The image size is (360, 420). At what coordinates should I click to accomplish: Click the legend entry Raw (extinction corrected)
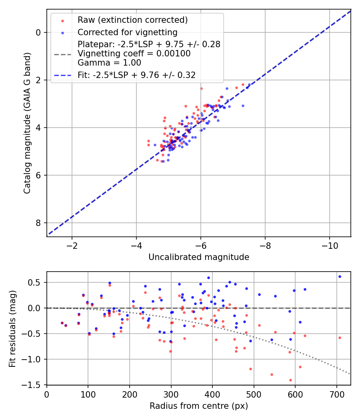point(132,20)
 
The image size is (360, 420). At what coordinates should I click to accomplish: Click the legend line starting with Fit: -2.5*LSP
point(137,75)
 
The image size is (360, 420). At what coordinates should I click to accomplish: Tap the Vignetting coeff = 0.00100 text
point(134,54)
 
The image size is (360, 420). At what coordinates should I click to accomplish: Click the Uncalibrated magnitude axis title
point(199,257)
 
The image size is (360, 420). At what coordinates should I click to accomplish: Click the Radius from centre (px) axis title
point(199,406)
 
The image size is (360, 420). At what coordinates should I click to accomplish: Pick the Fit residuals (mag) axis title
point(13,328)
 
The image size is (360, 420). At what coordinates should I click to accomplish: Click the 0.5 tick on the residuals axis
point(36,282)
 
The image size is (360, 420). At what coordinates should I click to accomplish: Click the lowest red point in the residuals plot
point(290,380)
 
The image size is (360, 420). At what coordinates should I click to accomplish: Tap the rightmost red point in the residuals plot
point(340,338)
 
